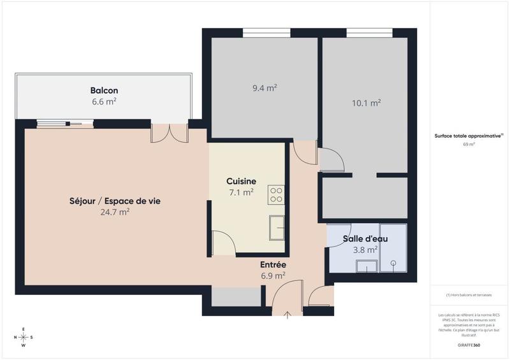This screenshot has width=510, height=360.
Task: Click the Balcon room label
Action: tap(104, 90)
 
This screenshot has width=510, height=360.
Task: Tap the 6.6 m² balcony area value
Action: tap(104, 101)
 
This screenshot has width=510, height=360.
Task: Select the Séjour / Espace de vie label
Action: tap(115, 201)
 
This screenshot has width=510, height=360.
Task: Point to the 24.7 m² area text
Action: tap(115, 212)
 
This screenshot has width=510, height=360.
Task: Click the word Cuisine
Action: tap(242, 181)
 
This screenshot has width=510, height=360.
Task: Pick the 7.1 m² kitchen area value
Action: tap(242, 191)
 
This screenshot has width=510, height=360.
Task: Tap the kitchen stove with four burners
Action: tap(276, 194)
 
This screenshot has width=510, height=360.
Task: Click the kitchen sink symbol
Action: tap(277, 227)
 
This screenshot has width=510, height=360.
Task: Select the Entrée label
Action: tap(273, 264)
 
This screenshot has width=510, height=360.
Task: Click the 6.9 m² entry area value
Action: tap(273, 275)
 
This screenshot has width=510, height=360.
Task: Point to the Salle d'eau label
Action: tap(365, 239)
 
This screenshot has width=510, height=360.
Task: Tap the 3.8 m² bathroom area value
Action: tap(365, 250)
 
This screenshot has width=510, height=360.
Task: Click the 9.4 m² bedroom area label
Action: tap(265, 89)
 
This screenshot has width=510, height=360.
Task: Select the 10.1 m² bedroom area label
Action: tap(366, 102)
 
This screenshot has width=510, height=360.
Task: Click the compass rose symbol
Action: tap(23, 337)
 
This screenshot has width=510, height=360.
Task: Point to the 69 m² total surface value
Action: tap(469, 144)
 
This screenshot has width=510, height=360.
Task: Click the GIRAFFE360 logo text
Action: tap(469, 344)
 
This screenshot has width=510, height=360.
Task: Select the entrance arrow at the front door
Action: tap(286, 313)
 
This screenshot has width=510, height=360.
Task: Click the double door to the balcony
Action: tap(169, 133)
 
